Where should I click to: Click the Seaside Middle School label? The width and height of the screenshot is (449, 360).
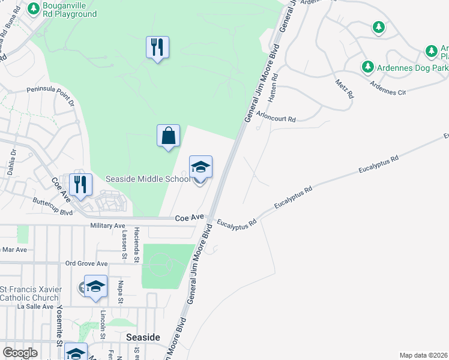(148, 179)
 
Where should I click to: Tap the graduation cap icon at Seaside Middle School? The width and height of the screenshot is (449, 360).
(200, 167)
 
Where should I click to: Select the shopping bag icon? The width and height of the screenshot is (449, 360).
(169, 136)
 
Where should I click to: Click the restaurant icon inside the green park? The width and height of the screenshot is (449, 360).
(157, 47)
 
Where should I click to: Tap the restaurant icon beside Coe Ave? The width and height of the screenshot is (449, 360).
(80, 184)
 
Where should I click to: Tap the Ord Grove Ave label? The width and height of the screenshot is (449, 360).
(86, 263)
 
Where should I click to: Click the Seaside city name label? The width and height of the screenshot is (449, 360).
(143, 337)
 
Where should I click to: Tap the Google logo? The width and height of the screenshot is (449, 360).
(20, 353)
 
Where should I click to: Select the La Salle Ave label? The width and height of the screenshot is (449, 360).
(37, 306)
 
